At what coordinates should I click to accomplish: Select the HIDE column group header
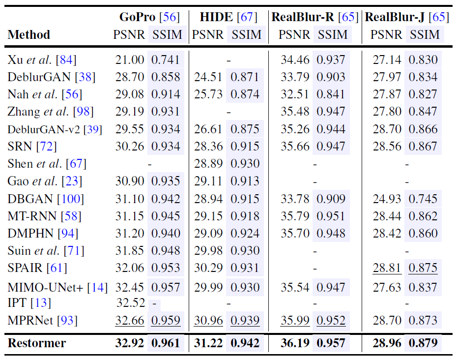pyautogui.click(x=216, y=17)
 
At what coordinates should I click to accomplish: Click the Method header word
pyautogui.click(x=29, y=35)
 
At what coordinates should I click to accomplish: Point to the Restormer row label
pyautogui.click(x=37, y=343)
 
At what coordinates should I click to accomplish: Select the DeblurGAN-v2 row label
pyautogui.click(x=45, y=129)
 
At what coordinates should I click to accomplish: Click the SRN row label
pyautogui.click(x=20, y=146)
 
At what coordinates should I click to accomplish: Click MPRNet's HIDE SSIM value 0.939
pyautogui.click(x=246, y=321)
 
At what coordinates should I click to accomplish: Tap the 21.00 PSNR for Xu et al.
pyautogui.click(x=130, y=60)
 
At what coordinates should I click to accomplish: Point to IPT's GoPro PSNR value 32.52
pyautogui.click(x=130, y=302)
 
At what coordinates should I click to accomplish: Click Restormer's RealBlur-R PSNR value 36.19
pyautogui.click(x=295, y=343)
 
